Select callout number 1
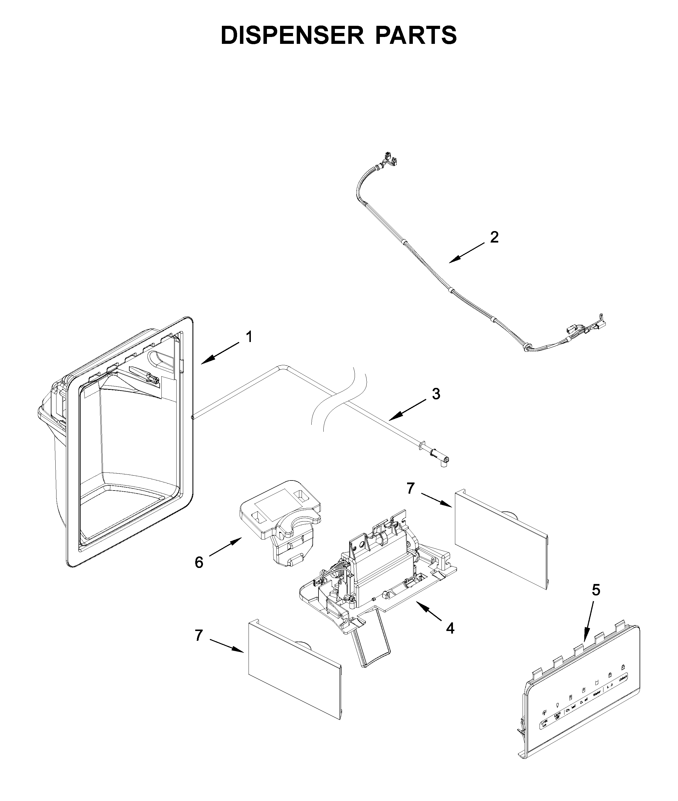[x=249, y=337]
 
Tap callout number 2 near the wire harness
[x=494, y=237]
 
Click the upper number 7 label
[x=411, y=489]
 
